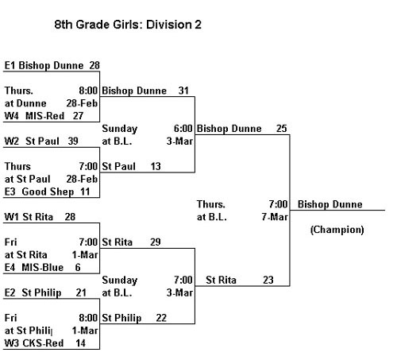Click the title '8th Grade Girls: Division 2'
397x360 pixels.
(128, 25)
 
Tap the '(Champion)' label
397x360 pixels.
(337, 230)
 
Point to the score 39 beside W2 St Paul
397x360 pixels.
(73, 141)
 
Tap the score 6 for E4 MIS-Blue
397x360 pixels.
(78, 267)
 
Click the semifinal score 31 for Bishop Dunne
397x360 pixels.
(183, 91)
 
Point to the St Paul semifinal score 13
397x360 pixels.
(156, 166)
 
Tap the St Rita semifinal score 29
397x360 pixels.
(156, 242)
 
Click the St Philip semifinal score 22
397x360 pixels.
(161, 318)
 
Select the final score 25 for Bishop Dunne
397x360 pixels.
(282, 129)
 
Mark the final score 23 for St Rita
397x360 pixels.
(268, 280)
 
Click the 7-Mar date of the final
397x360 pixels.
(275, 217)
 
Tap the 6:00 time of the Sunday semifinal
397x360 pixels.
(183, 129)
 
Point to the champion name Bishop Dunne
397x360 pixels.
(330, 204)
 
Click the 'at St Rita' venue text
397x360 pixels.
(26, 254)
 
